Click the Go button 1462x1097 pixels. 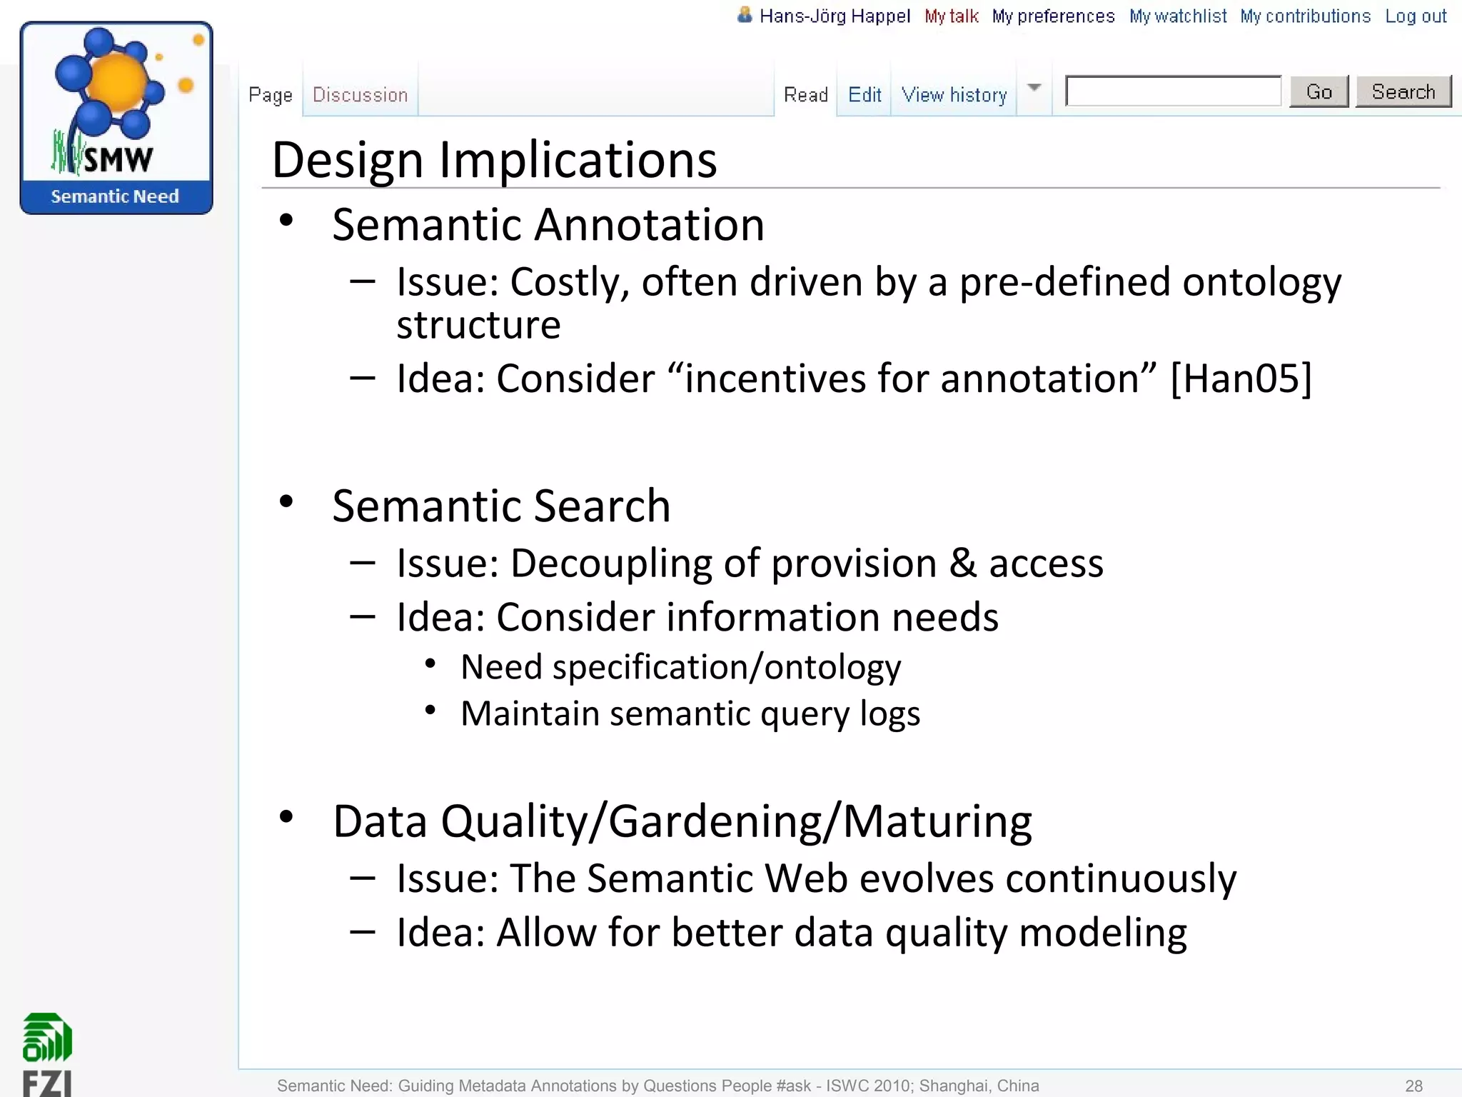click(x=1319, y=92)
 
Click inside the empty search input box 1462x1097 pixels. click(x=1173, y=91)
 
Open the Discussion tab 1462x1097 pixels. click(x=360, y=95)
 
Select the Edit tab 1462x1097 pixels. click(x=864, y=95)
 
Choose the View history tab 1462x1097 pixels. click(x=954, y=95)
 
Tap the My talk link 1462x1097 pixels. click(x=951, y=16)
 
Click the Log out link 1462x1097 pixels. click(x=1416, y=16)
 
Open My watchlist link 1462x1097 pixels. click(x=1177, y=16)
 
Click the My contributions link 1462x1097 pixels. click(x=1305, y=16)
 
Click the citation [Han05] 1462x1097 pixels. click(x=1241, y=379)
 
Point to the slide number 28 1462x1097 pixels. click(x=1413, y=1086)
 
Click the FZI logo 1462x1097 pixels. click(x=47, y=1054)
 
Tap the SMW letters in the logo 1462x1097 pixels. click(x=118, y=159)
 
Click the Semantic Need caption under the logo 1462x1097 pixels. click(x=115, y=196)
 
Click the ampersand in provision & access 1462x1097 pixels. click(x=962, y=563)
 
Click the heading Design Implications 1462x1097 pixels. click(x=494, y=160)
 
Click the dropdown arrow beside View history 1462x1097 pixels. click(x=1034, y=88)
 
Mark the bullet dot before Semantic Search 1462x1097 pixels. click(x=286, y=501)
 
